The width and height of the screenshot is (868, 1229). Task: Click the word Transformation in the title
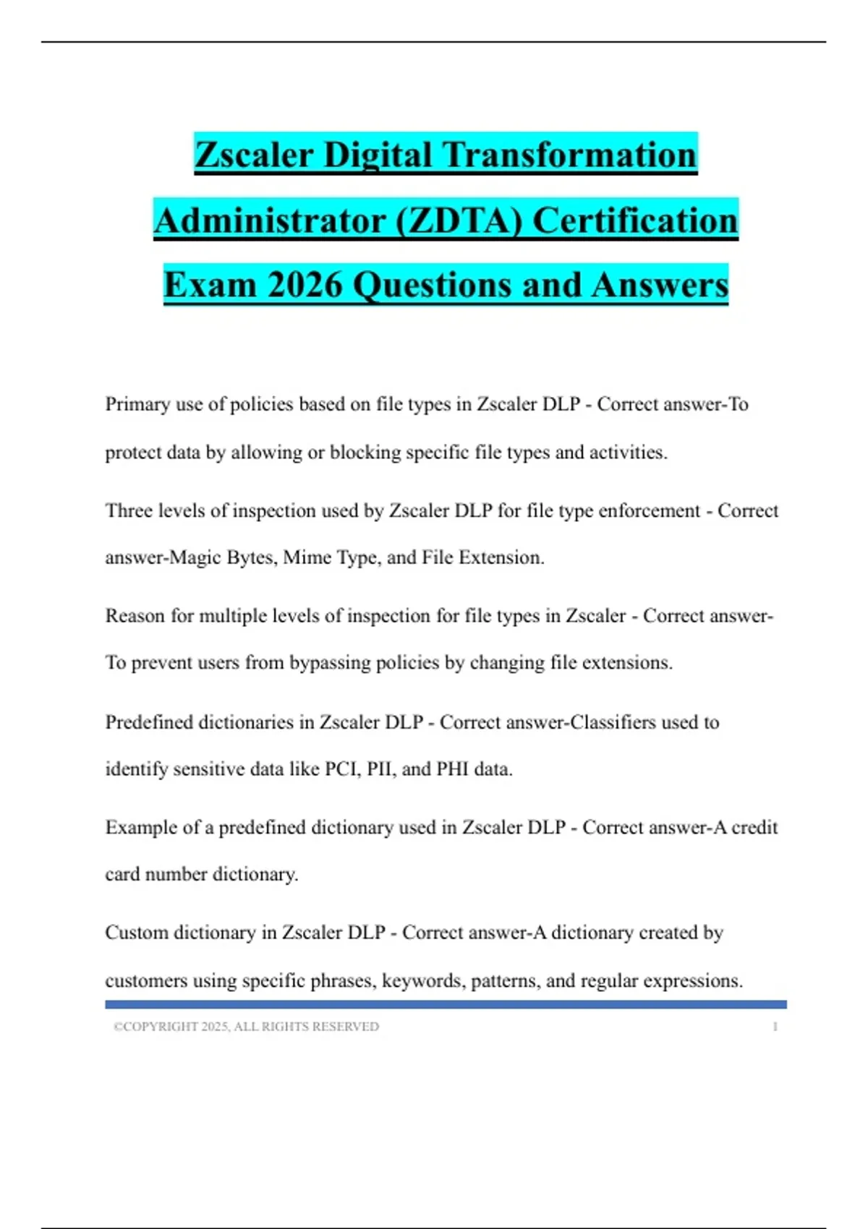point(569,155)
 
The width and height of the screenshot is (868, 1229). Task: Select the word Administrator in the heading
point(269,220)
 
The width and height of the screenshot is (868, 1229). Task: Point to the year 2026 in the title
point(304,285)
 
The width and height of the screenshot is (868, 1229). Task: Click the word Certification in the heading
point(635,220)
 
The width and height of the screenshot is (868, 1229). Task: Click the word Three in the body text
point(129,511)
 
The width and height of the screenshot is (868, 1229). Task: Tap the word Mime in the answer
point(304,558)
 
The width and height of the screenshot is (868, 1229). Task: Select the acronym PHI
point(452,769)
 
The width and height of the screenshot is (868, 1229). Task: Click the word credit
point(754,828)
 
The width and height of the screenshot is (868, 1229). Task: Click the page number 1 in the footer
point(775,1027)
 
